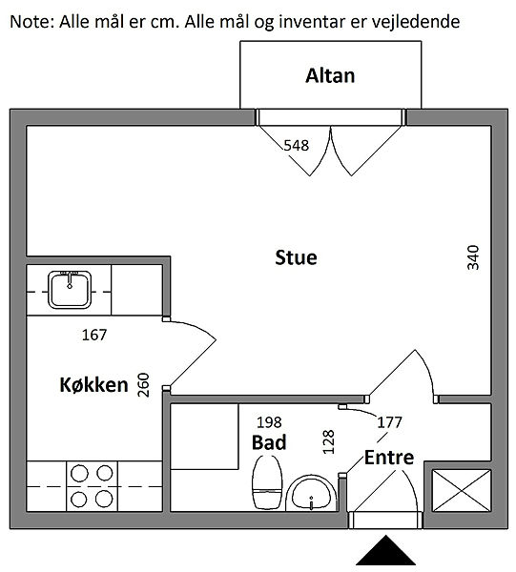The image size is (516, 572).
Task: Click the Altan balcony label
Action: click(330, 76)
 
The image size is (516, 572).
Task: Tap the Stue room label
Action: click(296, 257)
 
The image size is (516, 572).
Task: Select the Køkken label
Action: click(93, 385)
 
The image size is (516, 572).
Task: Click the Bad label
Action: click(269, 442)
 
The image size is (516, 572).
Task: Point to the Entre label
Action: click(389, 458)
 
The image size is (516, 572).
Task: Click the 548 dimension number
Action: click(297, 145)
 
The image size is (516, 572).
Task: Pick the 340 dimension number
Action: click(473, 257)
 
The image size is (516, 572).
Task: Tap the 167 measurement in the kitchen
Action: click(94, 335)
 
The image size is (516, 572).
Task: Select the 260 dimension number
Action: click(143, 385)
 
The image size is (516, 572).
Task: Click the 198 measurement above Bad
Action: click(269, 422)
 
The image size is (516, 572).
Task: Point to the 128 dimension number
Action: click(328, 441)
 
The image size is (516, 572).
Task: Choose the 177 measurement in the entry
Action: click(389, 422)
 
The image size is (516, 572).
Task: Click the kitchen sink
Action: click(70, 290)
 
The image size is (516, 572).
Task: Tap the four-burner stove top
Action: click(92, 486)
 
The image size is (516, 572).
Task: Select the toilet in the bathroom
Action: click(267, 481)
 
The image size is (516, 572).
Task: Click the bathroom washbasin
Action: click(311, 493)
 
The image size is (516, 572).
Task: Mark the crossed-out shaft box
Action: click(462, 491)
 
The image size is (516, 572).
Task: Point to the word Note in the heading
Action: click(31, 22)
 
